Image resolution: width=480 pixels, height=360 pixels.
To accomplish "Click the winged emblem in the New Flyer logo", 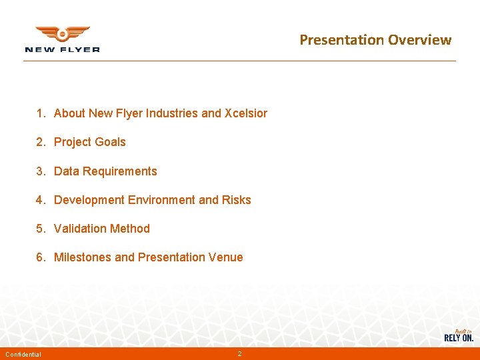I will point(62,34).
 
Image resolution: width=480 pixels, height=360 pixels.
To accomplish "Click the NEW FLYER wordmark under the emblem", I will point(62,49).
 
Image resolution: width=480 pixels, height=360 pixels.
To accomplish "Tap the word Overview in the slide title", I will point(420,40).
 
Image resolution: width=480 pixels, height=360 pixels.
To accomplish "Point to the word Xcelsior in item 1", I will point(246,113).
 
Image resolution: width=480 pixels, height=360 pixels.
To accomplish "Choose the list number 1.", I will point(41,113).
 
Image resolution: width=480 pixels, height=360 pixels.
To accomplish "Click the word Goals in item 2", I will point(109,142).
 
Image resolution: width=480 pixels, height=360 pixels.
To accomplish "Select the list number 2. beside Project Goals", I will point(41,142).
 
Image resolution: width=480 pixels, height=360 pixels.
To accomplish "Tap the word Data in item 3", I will point(66,171).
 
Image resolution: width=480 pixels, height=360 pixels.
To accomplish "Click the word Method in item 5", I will point(131,229).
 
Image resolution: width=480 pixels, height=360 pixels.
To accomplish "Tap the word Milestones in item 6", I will point(83,257).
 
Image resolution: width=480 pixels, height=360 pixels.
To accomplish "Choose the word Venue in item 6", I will point(227,257).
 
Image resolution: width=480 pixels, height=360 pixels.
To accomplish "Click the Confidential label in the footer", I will point(23,354).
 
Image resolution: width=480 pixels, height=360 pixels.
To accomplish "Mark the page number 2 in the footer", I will point(239,353).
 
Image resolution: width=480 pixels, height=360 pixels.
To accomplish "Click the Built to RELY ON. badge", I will point(459,335).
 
